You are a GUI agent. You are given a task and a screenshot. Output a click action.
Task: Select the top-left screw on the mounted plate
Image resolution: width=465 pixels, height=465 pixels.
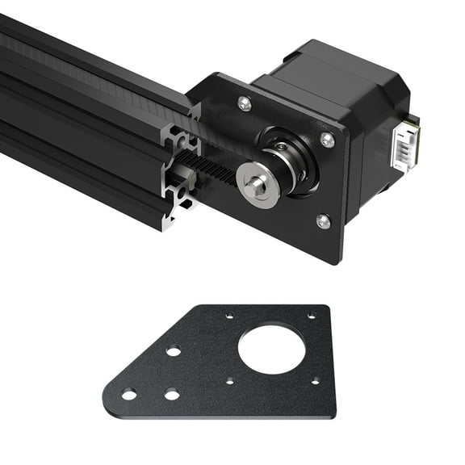245,103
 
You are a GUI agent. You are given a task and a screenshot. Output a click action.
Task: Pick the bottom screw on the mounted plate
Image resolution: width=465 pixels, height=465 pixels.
323,220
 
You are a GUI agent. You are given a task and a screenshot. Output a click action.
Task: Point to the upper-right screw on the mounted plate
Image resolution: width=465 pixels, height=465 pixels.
327,139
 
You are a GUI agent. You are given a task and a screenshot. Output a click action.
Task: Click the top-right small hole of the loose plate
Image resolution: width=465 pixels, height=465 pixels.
311,316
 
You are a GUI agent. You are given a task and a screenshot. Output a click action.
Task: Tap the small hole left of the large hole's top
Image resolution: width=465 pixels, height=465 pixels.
230,316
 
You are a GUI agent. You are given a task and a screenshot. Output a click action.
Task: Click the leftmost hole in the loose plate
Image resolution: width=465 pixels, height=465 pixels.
128,395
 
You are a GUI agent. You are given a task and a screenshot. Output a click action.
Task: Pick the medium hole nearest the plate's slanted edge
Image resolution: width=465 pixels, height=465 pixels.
173,351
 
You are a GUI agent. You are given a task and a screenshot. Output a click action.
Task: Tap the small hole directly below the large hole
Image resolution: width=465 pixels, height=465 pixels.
230,380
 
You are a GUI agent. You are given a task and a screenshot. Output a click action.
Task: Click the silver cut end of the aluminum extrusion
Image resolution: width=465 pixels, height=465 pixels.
179,174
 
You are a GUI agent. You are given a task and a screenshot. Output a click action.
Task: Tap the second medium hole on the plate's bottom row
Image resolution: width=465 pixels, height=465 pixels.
171,395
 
